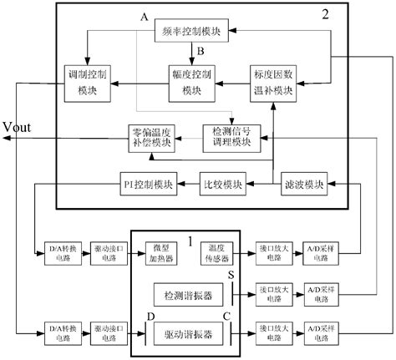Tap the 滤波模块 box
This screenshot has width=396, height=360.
304,184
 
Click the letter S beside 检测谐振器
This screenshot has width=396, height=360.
231,275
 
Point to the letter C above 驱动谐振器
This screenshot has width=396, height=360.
228,316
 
